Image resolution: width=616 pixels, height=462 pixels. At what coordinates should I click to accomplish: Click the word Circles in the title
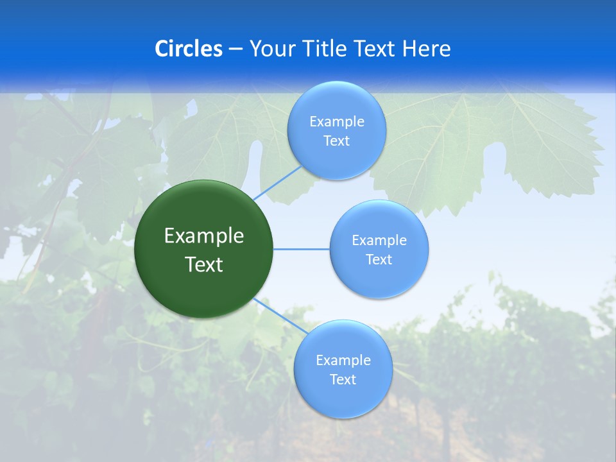[x=189, y=49]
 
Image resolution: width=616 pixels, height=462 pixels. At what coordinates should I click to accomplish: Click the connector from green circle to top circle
[x=277, y=182]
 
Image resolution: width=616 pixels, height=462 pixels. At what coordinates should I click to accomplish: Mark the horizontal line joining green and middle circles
[x=301, y=249]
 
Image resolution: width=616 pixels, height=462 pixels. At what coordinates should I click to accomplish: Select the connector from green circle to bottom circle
[x=279, y=317]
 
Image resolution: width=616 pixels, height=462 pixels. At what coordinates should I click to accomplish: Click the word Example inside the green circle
[x=204, y=236]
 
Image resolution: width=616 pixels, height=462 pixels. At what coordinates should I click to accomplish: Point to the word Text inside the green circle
[x=204, y=264]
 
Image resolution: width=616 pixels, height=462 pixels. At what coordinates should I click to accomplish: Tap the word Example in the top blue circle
[x=337, y=122]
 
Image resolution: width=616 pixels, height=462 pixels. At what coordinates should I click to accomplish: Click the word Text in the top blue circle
[x=336, y=141]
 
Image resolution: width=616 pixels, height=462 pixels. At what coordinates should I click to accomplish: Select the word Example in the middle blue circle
[x=379, y=241]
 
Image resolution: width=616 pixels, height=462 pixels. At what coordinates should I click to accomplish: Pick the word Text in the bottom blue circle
[x=343, y=380]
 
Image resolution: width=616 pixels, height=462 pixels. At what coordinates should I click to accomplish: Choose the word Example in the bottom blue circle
[x=343, y=361]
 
